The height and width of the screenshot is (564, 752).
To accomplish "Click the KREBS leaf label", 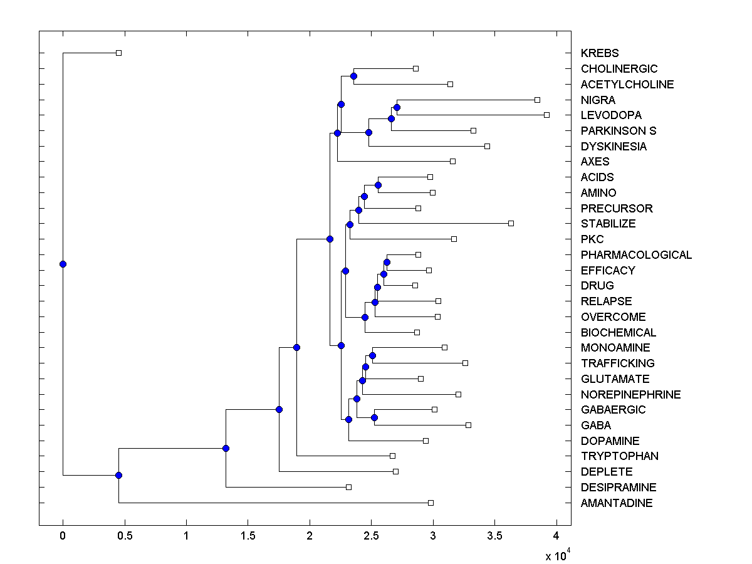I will (599, 53).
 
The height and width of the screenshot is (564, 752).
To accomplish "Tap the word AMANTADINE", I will (616, 503).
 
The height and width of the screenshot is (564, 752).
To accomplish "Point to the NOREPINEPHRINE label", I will (630, 395).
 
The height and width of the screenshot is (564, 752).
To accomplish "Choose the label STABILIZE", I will (608, 224).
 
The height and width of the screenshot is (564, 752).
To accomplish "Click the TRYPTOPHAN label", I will (619, 456).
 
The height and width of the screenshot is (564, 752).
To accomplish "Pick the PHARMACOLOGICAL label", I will (636, 255).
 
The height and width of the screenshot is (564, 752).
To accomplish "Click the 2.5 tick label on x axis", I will (371, 536).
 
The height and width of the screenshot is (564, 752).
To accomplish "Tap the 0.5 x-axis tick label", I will (124, 536).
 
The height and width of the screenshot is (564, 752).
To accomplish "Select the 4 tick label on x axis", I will (556, 536).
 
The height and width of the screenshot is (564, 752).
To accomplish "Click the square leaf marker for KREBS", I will (118, 53).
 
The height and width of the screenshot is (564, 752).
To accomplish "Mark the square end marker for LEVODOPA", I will (546, 115).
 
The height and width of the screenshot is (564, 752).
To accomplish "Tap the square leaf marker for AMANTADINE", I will (431, 503).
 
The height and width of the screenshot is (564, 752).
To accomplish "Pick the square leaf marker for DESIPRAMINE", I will (349, 487).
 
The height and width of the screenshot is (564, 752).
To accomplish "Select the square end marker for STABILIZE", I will (511, 223).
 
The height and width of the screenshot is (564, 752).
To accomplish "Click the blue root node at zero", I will (63, 264).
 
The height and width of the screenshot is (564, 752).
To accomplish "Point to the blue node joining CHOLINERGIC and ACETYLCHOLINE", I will (353, 76).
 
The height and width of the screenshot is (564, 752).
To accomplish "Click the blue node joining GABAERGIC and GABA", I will (374, 417).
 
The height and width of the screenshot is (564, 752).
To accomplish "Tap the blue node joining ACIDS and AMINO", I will (378, 185).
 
